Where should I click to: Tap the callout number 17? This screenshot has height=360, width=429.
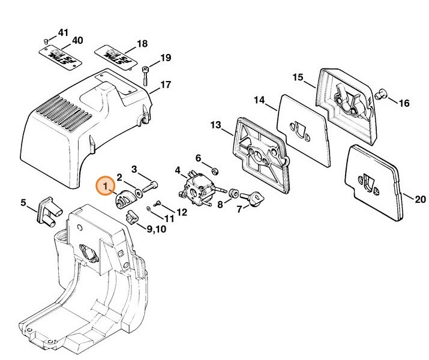coord(165,85)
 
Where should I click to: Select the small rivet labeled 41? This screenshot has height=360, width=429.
coord(45,41)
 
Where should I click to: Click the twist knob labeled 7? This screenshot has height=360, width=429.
coord(256,197)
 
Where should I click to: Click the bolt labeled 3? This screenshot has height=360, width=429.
coord(152,183)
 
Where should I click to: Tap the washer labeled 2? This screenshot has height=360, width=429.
coord(139,193)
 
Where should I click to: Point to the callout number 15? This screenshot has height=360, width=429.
coord(298,77)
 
